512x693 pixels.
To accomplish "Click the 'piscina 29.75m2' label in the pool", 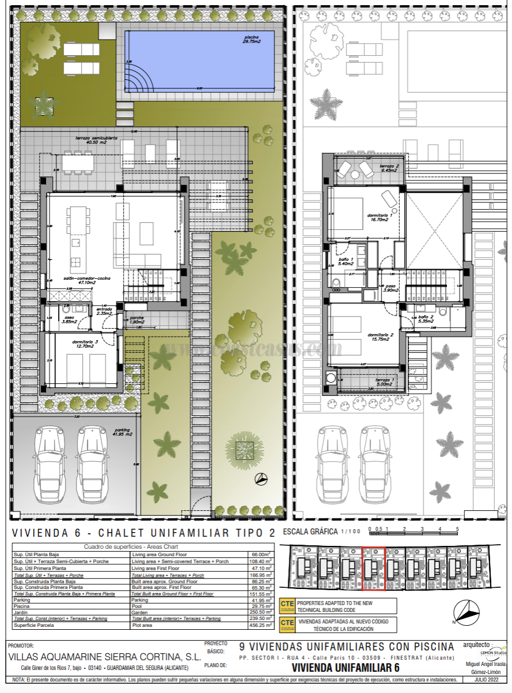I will tap(252, 39).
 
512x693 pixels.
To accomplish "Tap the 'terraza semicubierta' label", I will tap(97, 141).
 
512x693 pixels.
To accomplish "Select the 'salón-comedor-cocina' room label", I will tap(71, 279).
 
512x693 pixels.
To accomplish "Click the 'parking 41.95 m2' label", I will tap(122, 432).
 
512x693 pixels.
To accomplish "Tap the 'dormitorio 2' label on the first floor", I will tap(380, 336).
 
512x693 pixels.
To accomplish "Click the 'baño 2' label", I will tap(425, 319).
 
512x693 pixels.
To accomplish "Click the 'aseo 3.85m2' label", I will tap(70, 319).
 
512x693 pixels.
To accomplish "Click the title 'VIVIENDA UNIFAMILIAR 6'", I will tap(345, 668).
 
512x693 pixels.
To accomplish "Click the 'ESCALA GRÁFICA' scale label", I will tap(310, 532).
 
